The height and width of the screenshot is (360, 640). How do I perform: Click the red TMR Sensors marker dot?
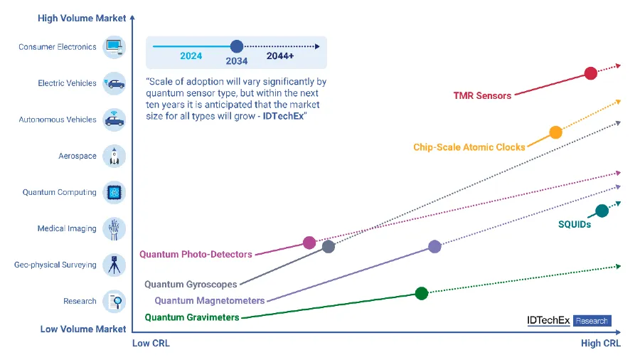591,73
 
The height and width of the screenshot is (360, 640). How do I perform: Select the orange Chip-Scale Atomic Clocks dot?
555,132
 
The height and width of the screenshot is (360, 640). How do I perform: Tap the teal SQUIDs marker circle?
602,211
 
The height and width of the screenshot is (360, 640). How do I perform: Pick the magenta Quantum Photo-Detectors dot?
309,243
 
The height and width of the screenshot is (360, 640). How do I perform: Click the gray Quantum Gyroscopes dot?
329,247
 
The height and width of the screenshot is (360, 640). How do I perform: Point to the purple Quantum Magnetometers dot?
434,247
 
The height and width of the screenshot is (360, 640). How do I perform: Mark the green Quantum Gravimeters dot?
422,293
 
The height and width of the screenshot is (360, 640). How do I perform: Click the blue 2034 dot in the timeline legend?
237,46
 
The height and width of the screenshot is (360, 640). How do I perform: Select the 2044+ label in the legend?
280,56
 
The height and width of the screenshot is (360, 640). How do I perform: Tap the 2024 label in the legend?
191,56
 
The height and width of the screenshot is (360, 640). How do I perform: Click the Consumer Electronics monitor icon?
114,47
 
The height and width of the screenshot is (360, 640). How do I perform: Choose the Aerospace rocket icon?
114,156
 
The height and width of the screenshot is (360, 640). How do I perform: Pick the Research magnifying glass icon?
114,301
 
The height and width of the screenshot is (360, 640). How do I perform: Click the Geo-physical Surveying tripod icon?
114,265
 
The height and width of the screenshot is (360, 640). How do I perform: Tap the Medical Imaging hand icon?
114,228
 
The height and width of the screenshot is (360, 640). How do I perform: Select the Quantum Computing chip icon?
114,192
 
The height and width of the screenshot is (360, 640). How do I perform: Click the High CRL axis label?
600,343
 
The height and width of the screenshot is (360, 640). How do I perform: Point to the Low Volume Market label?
83,329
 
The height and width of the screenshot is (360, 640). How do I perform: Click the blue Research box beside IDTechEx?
592,321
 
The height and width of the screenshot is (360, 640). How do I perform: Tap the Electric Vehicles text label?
67,83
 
